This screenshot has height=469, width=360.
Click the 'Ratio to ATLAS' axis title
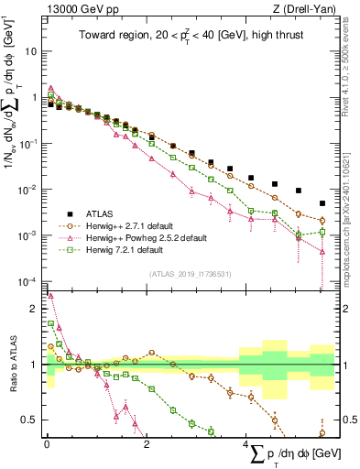pyautogui.click(x=14, y=364)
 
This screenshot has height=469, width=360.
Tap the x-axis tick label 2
pyautogui.click(x=147, y=444)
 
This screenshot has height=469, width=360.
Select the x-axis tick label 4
pyautogui.click(x=246, y=444)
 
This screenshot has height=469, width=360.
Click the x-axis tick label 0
pyautogui.click(x=47, y=444)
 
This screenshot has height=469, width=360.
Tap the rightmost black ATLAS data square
pyautogui.click(x=322, y=203)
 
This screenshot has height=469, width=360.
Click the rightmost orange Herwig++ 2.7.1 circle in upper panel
pyautogui.click(x=322, y=220)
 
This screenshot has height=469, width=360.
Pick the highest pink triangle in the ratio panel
pyautogui.click(x=50, y=296)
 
